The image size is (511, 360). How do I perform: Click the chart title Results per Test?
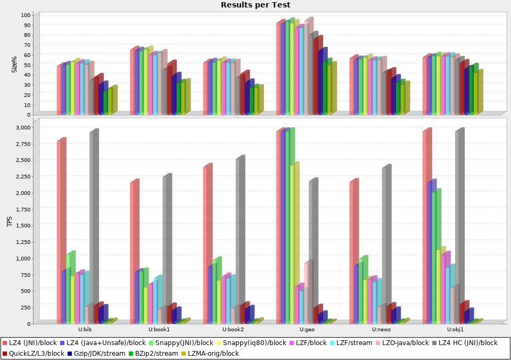256,5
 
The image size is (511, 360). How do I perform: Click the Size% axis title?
14,64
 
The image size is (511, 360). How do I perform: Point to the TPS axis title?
9,222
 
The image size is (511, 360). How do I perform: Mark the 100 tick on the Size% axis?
26,15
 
